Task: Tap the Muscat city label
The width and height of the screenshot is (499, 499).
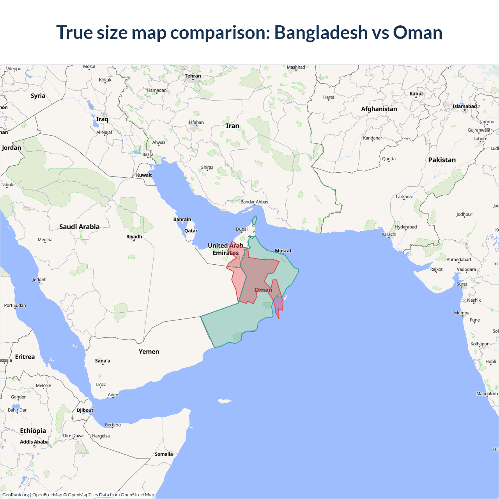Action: (283, 251)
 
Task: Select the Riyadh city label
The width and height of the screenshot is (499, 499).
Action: (134, 237)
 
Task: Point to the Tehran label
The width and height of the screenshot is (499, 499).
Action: (193, 76)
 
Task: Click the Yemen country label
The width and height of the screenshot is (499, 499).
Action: (149, 352)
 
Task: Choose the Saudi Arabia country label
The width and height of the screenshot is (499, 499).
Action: (79, 227)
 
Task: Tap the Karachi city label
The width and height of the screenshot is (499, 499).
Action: (389, 234)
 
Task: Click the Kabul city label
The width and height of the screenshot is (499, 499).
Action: (416, 94)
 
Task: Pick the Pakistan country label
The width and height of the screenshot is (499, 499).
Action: (442, 160)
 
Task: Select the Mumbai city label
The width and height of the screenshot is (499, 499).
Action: (462, 313)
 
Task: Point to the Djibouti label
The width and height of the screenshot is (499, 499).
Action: (85, 410)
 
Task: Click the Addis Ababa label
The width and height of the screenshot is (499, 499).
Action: (34, 442)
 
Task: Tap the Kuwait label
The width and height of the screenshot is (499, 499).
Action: (144, 175)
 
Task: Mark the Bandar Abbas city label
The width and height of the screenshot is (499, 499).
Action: (254, 202)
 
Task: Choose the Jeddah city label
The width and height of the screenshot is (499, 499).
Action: (39, 280)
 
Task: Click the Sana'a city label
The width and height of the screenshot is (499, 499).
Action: (103, 361)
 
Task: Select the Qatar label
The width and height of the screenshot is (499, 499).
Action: (191, 231)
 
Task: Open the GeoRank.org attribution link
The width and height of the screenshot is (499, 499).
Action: (16, 495)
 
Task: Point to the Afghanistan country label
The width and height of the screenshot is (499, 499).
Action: (379, 109)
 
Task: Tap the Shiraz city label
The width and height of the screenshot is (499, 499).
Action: (207, 167)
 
